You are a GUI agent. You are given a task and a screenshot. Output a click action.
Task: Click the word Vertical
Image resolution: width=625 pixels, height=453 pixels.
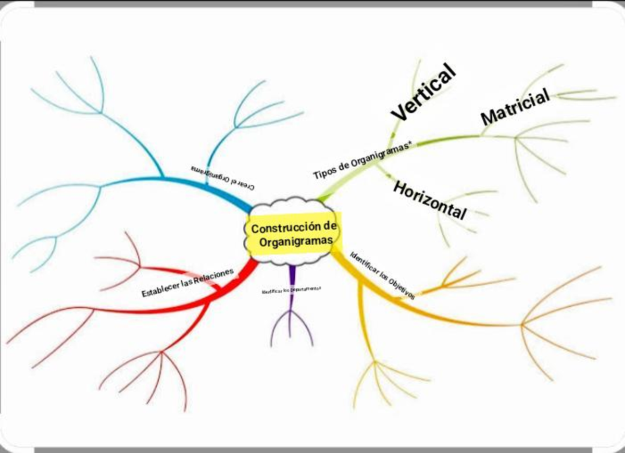tap(423, 92)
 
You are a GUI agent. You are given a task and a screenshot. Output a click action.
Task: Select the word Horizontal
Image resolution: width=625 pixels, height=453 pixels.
tap(430, 200)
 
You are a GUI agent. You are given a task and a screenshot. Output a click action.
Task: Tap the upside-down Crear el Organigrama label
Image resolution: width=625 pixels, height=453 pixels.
tap(222, 178)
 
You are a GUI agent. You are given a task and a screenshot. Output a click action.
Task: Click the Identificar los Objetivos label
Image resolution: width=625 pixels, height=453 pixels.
tap(383, 275)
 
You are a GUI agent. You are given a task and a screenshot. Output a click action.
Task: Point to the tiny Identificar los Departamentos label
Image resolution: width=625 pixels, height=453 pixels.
tap(292, 290)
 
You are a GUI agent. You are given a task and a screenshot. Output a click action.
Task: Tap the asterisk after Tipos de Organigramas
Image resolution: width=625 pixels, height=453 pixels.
tap(410, 146)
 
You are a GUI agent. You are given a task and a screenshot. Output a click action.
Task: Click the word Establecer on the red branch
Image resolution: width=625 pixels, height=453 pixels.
tap(159, 289)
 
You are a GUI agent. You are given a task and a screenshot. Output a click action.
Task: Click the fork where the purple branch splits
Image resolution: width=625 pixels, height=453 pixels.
tap(292, 312)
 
